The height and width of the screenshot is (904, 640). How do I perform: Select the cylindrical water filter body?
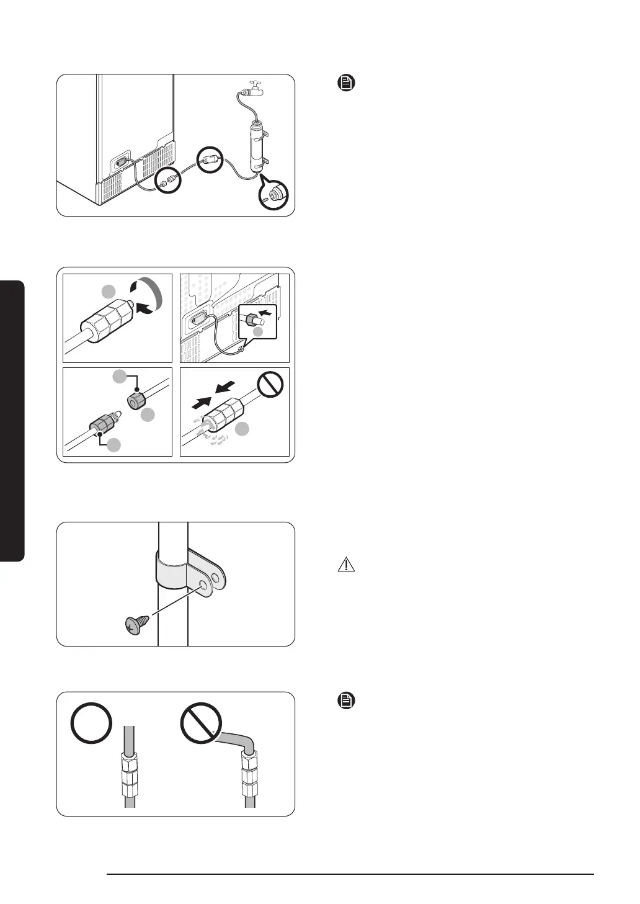(x=257, y=147)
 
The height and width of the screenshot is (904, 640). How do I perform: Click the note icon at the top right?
(x=345, y=83)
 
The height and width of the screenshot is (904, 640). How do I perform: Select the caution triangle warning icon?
(x=346, y=565)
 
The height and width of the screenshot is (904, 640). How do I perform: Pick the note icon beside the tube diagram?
(x=345, y=701)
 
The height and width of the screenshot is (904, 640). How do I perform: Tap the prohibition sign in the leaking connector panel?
(x=270, y=384)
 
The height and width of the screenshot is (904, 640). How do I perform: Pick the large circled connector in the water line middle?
(x=210, y=161)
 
